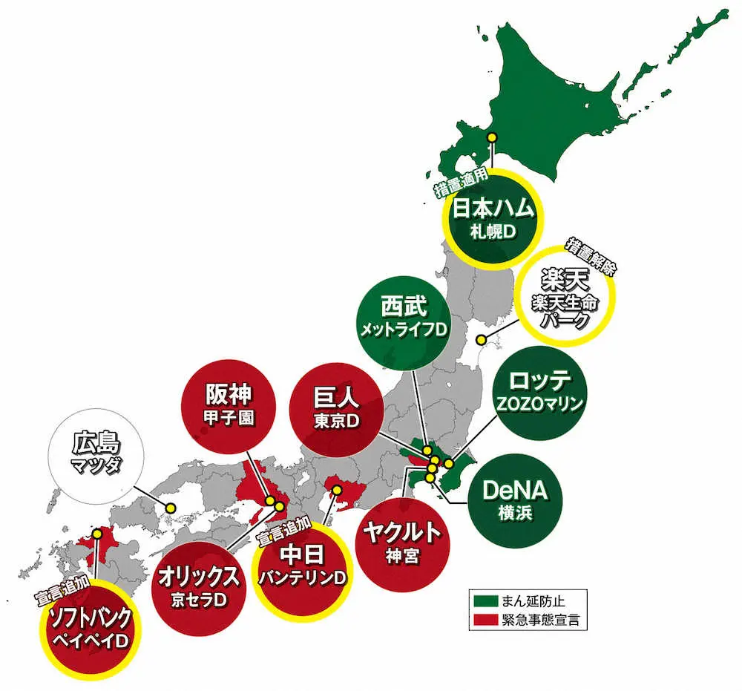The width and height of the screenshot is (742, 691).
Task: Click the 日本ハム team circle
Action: [493, 220]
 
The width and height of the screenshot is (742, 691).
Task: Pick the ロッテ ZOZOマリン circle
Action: [540, 393]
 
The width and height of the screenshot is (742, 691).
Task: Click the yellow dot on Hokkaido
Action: [491, 137]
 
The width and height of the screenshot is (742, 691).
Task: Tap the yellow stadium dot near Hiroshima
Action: [171, 508]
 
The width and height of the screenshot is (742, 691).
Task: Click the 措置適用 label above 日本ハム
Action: [460, 180]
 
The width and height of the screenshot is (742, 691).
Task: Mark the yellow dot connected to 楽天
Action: [481, 340]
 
